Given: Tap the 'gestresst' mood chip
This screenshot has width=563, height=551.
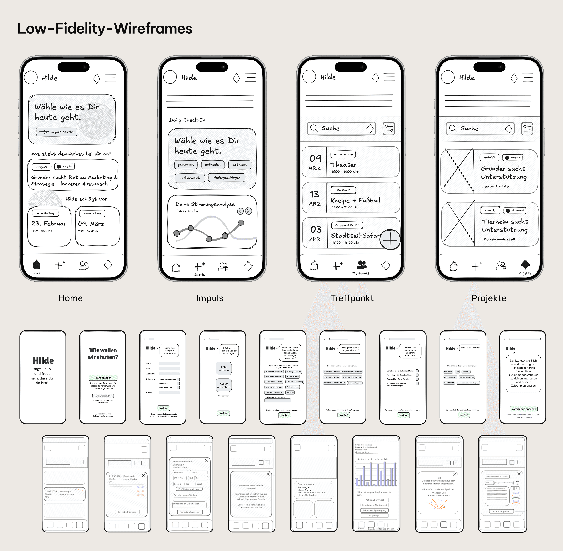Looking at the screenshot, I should tap(186, 165).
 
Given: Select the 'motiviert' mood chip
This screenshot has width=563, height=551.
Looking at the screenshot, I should tap(240, 165).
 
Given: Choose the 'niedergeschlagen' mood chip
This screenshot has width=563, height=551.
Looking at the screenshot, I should tap(227, 177).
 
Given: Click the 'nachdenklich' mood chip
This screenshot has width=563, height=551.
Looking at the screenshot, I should tap(190, 178).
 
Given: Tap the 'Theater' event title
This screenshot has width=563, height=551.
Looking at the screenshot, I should tap(343, 165).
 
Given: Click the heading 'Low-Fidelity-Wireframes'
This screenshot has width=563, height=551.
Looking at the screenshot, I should tap(105, 28).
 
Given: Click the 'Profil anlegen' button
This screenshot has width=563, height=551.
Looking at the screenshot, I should tap(103, 378).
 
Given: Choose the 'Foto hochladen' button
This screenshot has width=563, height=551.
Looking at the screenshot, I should tap(224, 368).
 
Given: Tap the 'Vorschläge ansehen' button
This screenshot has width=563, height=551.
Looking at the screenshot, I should tap(524, 409).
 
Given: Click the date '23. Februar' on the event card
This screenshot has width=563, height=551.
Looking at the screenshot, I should tap(49, 223).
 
